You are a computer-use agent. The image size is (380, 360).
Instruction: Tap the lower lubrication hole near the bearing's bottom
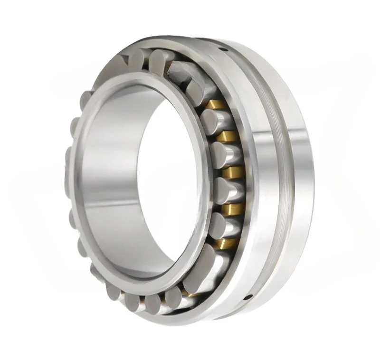coord(247,298)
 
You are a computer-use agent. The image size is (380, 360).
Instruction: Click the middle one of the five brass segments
coord(231,171)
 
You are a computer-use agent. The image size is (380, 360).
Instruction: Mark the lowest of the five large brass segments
coord(223,243)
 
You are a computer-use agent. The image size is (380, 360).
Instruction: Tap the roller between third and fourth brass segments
coord(223,189)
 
